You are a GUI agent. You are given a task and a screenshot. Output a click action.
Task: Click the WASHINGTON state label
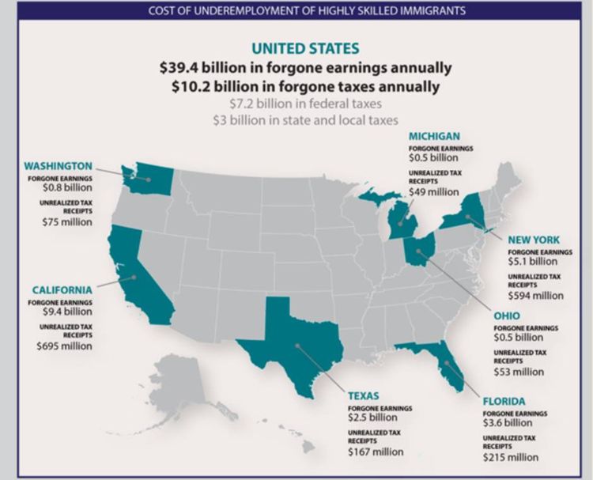[x=58, y=166]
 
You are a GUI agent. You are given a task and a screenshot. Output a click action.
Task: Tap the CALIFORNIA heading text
[x=62, y=289]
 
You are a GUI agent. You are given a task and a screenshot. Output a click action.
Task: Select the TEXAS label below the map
[x=364, y=395]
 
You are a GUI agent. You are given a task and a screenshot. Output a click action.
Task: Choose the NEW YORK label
[x=534, y=239]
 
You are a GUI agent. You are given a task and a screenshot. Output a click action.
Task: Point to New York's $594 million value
[x=535, y=296]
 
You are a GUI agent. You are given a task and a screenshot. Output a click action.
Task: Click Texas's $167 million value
[x=376, y=452]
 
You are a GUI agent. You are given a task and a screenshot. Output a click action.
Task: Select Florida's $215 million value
[x=510, y=457]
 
